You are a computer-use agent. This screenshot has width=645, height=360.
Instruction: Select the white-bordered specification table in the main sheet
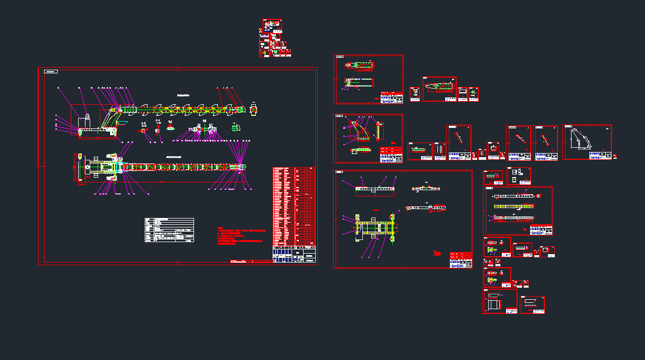169,230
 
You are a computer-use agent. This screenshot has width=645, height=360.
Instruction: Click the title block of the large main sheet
295,254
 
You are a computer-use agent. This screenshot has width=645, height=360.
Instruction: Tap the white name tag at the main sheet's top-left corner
51,71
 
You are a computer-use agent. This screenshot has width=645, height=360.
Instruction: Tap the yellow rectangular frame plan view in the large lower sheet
375,226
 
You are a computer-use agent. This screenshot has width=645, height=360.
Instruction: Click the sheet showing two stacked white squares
519,176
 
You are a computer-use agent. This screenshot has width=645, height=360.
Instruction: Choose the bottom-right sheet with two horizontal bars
532,304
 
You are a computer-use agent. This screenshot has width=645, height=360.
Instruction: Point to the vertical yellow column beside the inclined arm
380,131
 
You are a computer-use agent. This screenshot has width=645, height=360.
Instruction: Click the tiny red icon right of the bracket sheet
615,156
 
